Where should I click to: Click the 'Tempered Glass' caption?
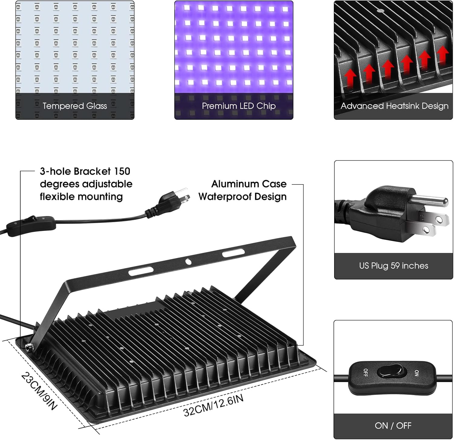pos(75,106)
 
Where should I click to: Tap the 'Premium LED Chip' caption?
pos(239,106)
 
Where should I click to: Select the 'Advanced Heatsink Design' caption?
pos(394,106)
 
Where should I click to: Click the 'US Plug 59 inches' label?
pos(393,266)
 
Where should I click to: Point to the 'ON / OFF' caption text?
pos(393,425)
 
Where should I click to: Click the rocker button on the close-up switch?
pos(390,373)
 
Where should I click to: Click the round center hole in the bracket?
pos(188,261)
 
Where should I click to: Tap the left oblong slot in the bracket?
pos(141,271)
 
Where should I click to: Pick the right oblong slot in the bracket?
pos(233,252)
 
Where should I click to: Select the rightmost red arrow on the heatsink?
pos(443,55)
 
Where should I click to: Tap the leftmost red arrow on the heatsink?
pos(350,78)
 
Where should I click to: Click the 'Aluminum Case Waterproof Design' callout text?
pos(243,190)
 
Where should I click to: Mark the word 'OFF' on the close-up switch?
pos(365,372)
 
